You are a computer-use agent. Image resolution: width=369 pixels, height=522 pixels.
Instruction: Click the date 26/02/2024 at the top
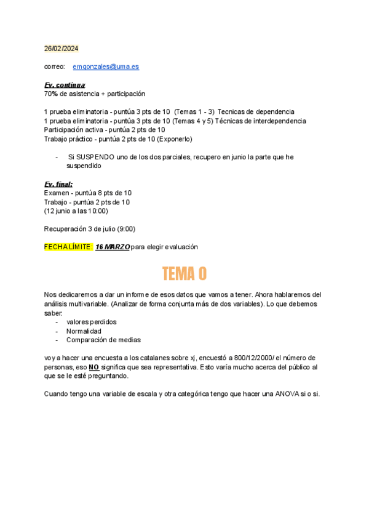pos(61,49)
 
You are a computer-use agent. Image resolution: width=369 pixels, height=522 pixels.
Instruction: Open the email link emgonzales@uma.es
pos(106,66)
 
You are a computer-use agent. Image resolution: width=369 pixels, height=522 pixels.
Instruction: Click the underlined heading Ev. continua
pos(65,85)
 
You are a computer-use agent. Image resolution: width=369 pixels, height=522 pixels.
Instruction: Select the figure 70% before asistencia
pos(50,94)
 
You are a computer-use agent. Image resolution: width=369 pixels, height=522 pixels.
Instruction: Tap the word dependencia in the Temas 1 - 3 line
pos(272,111)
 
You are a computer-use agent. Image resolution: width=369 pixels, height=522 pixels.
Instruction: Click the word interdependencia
pos(276,121)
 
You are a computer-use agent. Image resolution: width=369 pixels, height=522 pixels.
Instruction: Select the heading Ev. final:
pos(58,184)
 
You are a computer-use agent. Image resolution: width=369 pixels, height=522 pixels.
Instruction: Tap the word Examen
pos(57,193)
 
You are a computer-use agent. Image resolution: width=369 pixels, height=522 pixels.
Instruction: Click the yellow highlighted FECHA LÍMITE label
pos(68,247)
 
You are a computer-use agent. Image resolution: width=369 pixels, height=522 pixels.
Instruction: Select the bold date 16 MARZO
pos(113,247)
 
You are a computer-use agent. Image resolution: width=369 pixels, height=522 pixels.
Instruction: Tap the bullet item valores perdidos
pos(91,322)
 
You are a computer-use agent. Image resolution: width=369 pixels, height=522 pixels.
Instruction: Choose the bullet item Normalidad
pos(84,331)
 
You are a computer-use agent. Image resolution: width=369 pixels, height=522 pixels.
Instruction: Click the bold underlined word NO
pos(93,367)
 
